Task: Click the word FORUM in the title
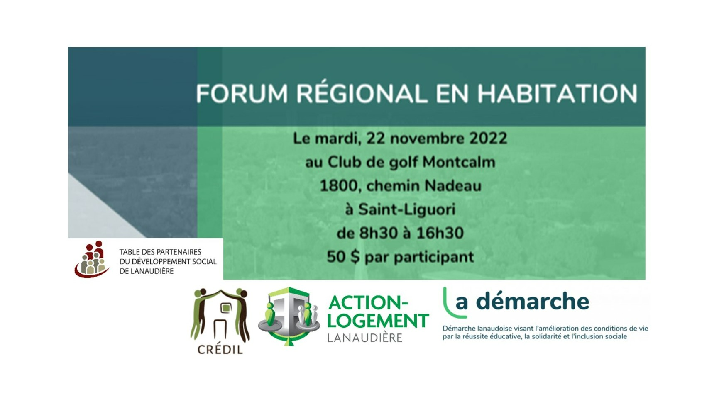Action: (x=242, y=94)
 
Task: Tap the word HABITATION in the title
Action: (x=558, y=94)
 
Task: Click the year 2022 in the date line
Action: (x=488, y=138)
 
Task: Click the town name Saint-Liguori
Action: (x=407, y=209)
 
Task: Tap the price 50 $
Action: (x=343, y=257)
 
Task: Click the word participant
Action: (x=434, y=257)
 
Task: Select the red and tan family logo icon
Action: (x=92, y=259)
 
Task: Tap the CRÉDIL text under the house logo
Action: (x=220, y=349)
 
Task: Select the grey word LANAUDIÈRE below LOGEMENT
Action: (x=365, y=337)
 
